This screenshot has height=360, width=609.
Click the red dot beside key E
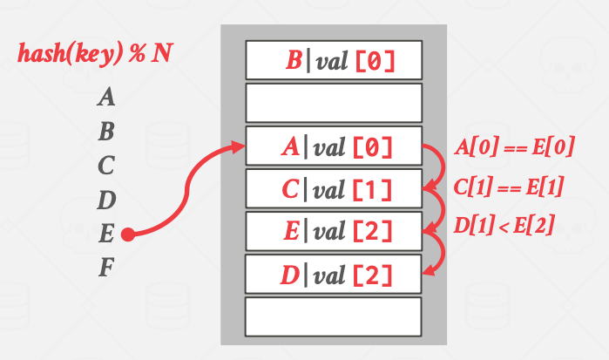(x=128, y=234)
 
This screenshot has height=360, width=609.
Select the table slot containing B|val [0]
(x=334, y=60)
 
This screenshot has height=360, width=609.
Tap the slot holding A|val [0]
(x=334, y=146)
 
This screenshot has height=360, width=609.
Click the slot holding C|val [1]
(x=334, y=188)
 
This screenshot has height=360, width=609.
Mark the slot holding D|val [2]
(x=334, y=275)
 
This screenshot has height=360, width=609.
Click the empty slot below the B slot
(x=334, y=103)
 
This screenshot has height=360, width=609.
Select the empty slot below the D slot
(x=334, y=316)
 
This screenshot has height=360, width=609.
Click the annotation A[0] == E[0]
(x=515, y=146)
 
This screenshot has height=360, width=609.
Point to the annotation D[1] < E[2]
(x=505, y=227)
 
